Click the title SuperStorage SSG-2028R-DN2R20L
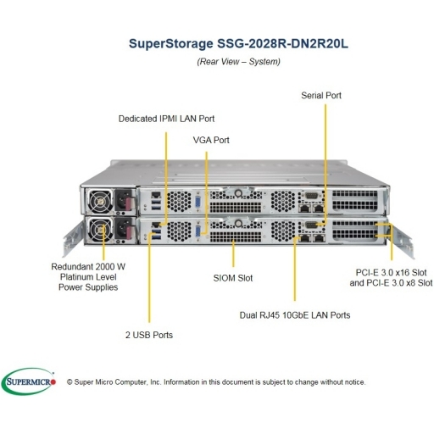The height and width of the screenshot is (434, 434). pyautogui.click(x=238, y=44)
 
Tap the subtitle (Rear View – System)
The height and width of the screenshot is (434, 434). pyautogui.click(x=238, y=62)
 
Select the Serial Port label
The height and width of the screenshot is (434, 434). pyautogui.click(x=321, y=96)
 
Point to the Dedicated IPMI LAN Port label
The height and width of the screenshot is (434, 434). pyautogui.click(x=166, y=119)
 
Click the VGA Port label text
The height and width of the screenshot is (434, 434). pyautogui.click(x=211, y=140)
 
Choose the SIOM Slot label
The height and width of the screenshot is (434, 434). pyautogui.click(x=233, y=278)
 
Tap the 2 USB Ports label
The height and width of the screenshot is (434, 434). pyautogui.click(x=149, y=335)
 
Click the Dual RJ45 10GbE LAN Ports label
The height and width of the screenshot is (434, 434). pyautogui.click(x=295, y=315)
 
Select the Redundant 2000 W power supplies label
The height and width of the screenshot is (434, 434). pyautogui.click(x=88, y=277)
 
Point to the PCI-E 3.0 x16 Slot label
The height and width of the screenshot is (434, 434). pyautogui.click(x=391, y=273)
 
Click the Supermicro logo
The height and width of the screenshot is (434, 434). pyautogui.click(x=29, y=381)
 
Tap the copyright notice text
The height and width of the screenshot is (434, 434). pyautogui.click(x=216, y=382)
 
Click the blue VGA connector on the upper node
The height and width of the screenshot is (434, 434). pyautogui.click(x=198, y=203)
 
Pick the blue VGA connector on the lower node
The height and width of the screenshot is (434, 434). pyautogui.click(x=198, y=231)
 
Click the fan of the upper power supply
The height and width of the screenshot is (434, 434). pyautogui.click(x=100, y=201)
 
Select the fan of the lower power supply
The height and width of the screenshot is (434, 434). pyautogui.click(x=100, y=230)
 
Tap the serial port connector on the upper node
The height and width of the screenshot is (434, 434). pyautogui.click(x=311, y=195)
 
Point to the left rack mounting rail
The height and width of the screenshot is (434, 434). pyautogui.click(x=72, y=240)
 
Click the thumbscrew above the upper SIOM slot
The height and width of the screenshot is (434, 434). pyautogui.click(x=238, y=193)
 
